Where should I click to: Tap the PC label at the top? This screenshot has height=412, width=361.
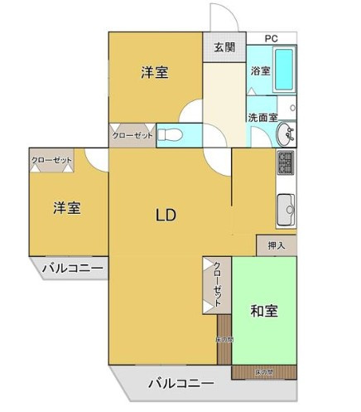click(x=270, y=38)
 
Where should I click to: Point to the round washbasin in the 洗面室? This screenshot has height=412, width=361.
click(x=286, y=133)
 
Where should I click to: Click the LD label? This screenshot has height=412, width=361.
click(x=166, y=215)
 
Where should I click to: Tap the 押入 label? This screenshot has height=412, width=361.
click(x=276, y=245)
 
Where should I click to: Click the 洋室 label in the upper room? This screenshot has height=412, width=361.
click(x=154, y=72)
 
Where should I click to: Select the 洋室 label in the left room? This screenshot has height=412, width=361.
click(x=68, y=207)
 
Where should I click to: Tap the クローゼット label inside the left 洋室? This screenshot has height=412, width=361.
click(x=52, y=161)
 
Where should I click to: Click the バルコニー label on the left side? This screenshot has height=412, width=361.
click(x=72, y=269)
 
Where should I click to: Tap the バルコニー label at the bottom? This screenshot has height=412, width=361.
click(x=180, y=384)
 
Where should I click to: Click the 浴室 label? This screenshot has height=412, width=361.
click(x=260, y=71)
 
